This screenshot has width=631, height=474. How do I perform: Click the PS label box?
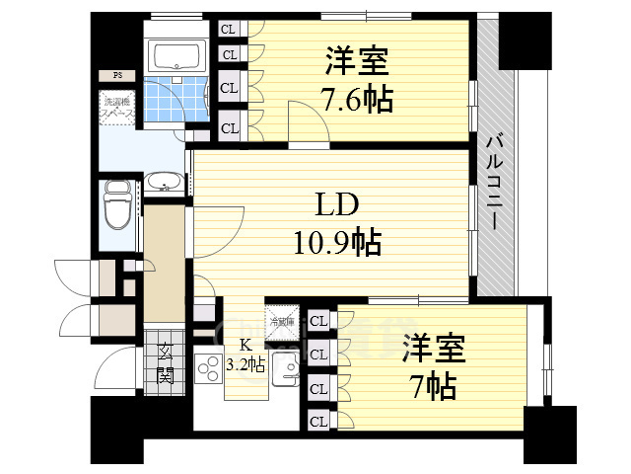pyautogui.click(x=116, y=75)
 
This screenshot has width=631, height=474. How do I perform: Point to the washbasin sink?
pyautogui.click(x=163, y=182)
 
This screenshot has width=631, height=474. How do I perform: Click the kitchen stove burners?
pyautogui.click(x=210, y=371)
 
